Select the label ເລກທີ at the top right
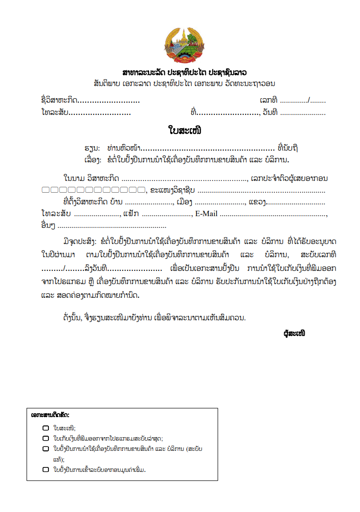[269, 101]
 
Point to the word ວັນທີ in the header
[270, 113]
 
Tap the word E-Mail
[206, 214]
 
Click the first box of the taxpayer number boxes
[45, 190]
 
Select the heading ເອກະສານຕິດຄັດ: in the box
[50, 415]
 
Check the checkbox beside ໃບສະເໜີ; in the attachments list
[45, 428]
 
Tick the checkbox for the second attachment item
[45, 439]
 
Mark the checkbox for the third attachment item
[45, 448]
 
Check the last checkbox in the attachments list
[45, 470]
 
